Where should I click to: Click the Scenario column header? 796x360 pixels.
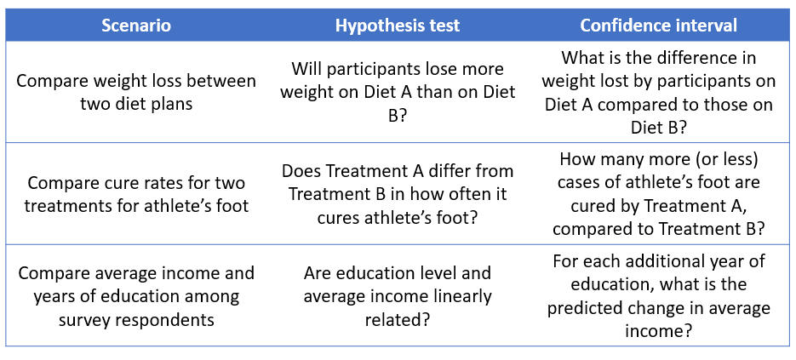click(x=136, y=26)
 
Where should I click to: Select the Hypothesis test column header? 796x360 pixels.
click(x=398, y=26)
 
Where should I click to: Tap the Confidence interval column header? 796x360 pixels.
click(x=658, y=26)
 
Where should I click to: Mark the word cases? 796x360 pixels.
click(x=579, y=182)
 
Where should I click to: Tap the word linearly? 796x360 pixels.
click(x=461, y=296)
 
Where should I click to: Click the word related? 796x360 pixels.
click(x=398, y=320)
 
